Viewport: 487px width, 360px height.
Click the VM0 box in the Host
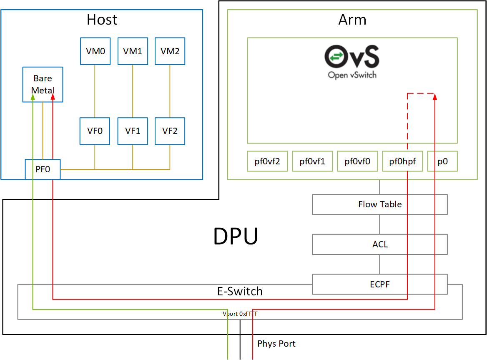pyautogui.click(x=95, y=51)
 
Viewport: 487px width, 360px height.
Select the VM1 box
pyautogui.click(x=133, y=51)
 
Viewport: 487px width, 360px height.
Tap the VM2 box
pyautogui.click(x=170, y=51)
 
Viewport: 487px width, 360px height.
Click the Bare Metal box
pyautogui.click(x=43, y=84)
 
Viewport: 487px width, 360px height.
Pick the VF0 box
pyautogui.click(x=95, y=131)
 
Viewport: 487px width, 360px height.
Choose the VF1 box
pyautogui.click(x=133, y=131)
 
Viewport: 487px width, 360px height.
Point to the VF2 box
pyautogui.click(x=170, y=131)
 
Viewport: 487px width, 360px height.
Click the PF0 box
pyautogui.click(x=43, y=169)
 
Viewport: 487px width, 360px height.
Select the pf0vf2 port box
pyautogui.click(x=267, y=161)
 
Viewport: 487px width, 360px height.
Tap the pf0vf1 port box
pyautogui.click(x=312, y=161)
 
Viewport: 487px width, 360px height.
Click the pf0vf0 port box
pyautogui.click(x=357, y=161)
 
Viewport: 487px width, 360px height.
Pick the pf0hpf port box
pyautogui.click(x=402, y=161)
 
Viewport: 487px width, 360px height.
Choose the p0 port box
pyautogui.click(x=442, y=161)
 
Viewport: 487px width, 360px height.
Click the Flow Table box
pyautogui.click(x=380, y=204)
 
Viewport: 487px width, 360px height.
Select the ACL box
pyautogui.click(x=380, y=244)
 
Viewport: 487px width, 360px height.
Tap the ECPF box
pyautogui.click(x=380, y=284)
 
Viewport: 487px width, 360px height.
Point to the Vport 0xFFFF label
pyautogui.click(x=240, y=314)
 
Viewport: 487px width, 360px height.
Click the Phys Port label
pyautogui.click(x=276, y=344)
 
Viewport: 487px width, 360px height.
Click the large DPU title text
pyautogui.click(x=236, y=237)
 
